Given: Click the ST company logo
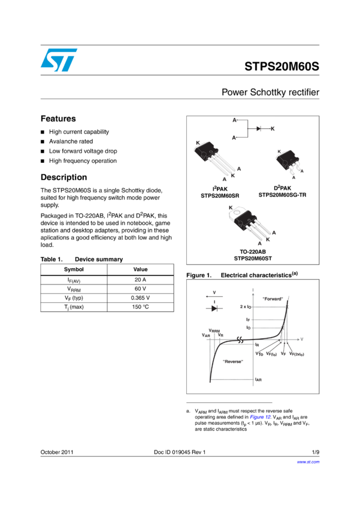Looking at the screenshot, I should [59, 60].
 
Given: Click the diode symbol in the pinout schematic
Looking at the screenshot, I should [258, 129].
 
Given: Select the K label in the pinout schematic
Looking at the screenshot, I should [272, 129].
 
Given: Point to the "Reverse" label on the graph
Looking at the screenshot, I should [232, 361].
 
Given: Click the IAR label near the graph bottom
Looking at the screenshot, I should [258, 379].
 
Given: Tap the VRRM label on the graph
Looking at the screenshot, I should [213, 330].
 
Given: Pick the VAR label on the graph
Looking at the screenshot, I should [205, 335].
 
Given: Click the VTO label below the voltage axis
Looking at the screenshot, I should [259, 353].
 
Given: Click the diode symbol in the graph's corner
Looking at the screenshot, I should [214, 308].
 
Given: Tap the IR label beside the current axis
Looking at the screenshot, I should [258, 345].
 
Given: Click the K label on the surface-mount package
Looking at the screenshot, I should [279, 152].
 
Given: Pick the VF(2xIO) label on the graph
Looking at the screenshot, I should [297, 354].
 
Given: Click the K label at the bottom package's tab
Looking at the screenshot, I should [231, 208].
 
